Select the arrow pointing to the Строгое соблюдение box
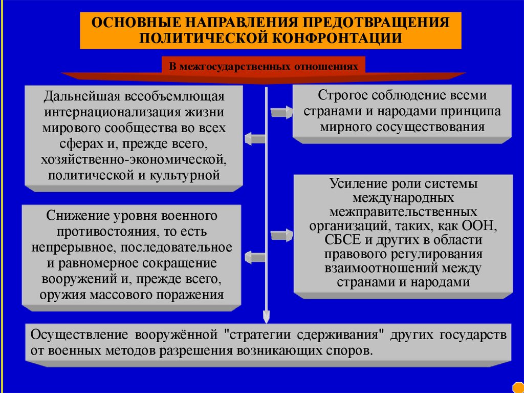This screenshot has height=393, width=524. [x=281, y=112]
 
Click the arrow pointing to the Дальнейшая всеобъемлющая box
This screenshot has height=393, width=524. [x=254, y=137]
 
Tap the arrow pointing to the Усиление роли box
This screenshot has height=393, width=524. [x=281, y=235]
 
